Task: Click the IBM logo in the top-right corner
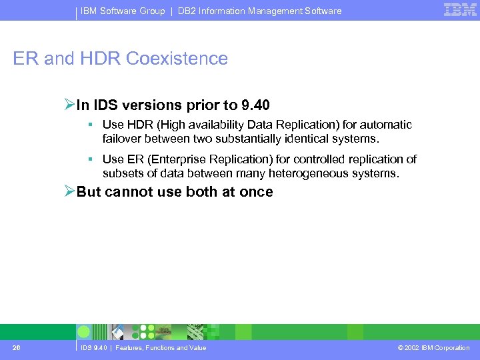tap(460, 10)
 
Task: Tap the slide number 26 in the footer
tap(17, 347)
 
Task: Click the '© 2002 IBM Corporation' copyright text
tap(433, 348)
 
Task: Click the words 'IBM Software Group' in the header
tap(123, 11)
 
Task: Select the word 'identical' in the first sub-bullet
tap(286, 139)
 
